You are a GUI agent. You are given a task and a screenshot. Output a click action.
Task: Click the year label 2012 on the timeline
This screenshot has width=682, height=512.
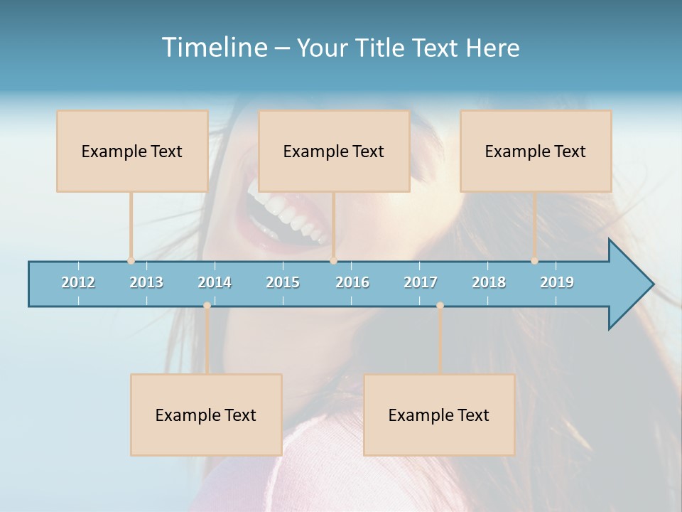click(x=78, y=282)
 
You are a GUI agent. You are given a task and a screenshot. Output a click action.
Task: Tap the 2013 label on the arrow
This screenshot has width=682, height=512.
click(x=146, y=282)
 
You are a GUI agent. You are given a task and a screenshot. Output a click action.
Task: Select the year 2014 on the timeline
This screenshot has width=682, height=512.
click(x=215, y=282)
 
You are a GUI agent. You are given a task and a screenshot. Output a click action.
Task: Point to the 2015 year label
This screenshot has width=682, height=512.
click(x=283, y=282)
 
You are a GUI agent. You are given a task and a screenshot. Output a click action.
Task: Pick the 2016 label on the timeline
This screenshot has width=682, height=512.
click(x=352, y=282)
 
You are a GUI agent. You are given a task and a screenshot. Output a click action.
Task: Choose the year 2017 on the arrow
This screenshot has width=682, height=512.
click(x=421, y=282)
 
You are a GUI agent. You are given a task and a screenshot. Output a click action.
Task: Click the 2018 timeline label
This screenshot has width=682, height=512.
click(x=489, y=282)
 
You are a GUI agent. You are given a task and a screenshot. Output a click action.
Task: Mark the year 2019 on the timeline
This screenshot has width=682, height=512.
click(x=557, y=282)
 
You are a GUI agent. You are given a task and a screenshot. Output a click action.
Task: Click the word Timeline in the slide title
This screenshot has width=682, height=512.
click(x=213, y=48)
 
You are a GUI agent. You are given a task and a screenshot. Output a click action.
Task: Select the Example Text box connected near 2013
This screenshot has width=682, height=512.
click(x=132, y=151)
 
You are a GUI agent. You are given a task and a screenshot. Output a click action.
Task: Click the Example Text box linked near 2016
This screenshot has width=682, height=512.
click(x=334, y=151)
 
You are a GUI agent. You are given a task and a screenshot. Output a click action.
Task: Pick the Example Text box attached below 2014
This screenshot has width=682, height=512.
click(x=206, y=415)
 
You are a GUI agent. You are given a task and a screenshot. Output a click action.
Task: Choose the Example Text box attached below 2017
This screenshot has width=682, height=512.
click(x=439, y=415)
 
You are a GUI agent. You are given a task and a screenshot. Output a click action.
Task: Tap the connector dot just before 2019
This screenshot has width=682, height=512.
click(x=535, y=261)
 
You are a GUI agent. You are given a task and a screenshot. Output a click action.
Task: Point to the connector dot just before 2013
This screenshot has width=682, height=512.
click(x=131, y=261)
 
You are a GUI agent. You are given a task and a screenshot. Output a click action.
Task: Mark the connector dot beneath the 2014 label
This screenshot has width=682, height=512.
click(x=207, y=306)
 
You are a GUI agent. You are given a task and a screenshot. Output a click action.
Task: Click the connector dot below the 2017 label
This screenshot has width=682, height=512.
click(x=440, y=306)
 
